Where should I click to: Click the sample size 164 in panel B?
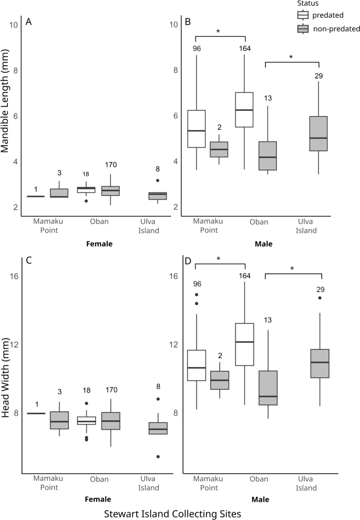click(245, 49)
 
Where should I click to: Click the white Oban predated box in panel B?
click(244, 109)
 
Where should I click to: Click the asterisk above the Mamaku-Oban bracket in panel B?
click(218, 32)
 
